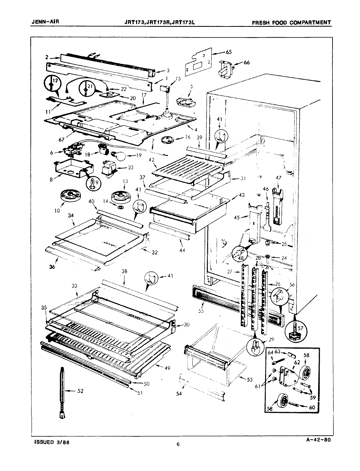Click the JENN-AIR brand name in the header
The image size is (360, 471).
(x=43, y=22)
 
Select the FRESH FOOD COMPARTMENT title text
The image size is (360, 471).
(x=291, y=23)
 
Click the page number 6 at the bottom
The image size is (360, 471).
(x=178, y=444)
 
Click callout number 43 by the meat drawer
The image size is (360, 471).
(x=242, y=195)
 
